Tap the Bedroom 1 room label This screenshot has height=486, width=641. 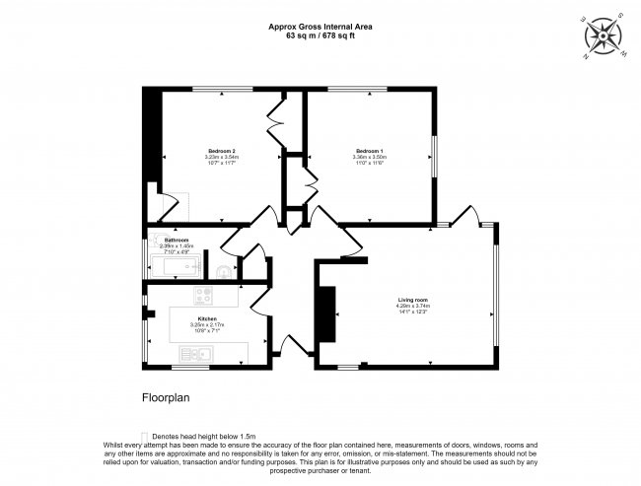[369, 150]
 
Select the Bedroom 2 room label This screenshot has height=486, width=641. [221, 150]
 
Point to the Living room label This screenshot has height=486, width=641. [413, 299]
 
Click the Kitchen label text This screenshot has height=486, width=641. [206, 318]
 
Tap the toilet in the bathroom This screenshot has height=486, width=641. [223, 269]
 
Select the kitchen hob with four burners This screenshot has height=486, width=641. [204, 295]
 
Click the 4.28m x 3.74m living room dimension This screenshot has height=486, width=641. [413, 306]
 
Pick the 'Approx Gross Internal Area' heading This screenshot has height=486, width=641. [320, 28]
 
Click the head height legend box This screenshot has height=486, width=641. [146, 436]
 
